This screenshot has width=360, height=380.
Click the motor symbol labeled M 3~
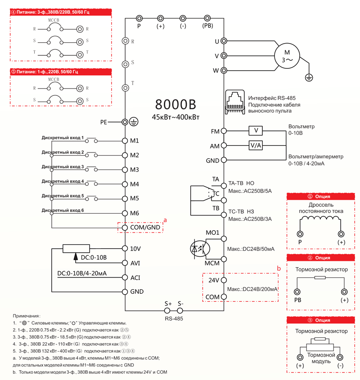287,56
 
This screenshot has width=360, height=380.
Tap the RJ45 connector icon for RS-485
235,102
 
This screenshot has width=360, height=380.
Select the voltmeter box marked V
256,131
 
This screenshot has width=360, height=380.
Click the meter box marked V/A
256,145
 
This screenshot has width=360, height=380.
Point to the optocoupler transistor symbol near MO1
200,249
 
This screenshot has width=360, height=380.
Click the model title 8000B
175,105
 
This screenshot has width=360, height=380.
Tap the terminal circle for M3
125,170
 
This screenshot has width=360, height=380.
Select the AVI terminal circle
125,263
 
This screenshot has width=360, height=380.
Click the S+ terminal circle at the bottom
167,310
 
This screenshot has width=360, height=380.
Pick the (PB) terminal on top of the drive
207,18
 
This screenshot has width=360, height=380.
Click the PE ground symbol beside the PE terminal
134,122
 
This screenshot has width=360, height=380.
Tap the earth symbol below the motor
309,77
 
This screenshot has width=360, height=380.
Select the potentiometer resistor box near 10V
76,248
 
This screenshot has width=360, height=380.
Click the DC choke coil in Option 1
320,219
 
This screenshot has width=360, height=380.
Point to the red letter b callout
279,268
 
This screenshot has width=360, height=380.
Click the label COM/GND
145,227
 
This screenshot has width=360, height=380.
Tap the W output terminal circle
224,71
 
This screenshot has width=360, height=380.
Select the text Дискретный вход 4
63,181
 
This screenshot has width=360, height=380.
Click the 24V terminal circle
224,280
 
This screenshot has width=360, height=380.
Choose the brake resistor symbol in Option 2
320,277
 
